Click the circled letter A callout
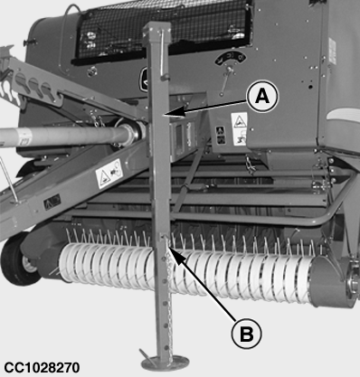click(x=262, y=97)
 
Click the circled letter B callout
click(x=246, y=334)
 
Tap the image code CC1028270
click(x=42, y=367)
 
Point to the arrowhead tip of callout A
click(x=163, y=115)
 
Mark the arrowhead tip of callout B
click(x=169, y=246)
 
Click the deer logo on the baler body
click(x=144, y=79)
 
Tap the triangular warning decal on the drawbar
click(x=109, y=174)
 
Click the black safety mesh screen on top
click(x=163, y=30)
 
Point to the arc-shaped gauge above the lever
click(x=231, y=58)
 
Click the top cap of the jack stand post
click(x=156, y=30)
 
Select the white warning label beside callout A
click(x=239, y=129)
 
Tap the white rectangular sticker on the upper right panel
click(x=332, y=51)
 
